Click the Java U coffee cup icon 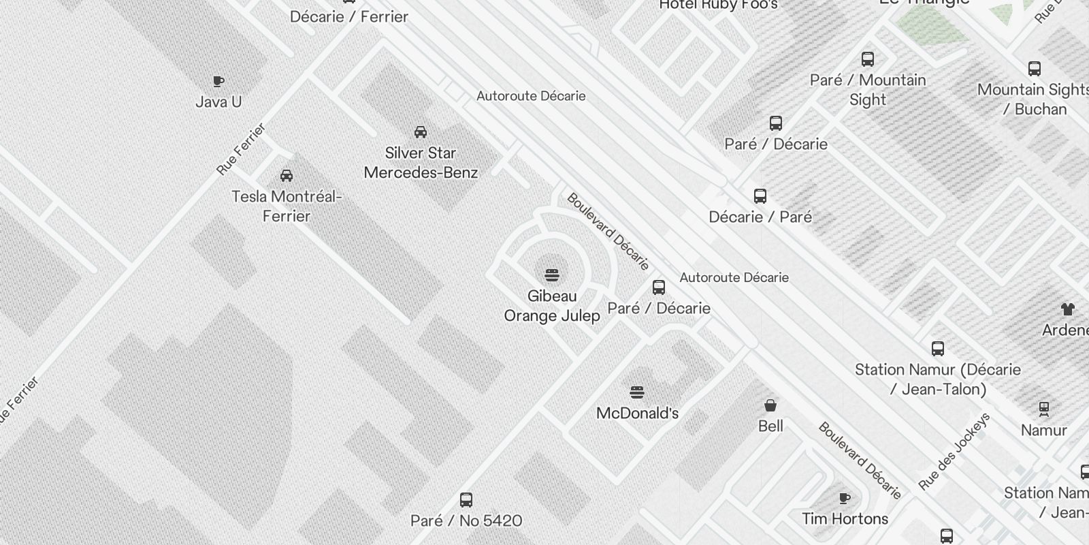pos(218,82)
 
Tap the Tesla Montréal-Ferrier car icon pos(287,176)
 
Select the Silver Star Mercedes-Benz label pos(421,163)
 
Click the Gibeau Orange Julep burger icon pos(552,275)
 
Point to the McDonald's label pos(637,413)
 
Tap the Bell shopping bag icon pos(770,406)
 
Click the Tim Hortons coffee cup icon pos(845,498)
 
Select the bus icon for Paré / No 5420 pos(466,500)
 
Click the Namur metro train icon pos(1044,409)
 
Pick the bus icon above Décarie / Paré pos(760,196)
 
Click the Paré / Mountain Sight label pos(868,90)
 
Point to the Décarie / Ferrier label pos(349,17)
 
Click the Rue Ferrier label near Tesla pos(241,149)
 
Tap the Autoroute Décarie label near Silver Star pos(531,96)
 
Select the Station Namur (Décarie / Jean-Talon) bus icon pos(938,349)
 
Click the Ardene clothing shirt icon pos(1067,309)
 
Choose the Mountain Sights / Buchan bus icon pos(1035,68)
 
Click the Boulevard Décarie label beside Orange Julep pos(608,231)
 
